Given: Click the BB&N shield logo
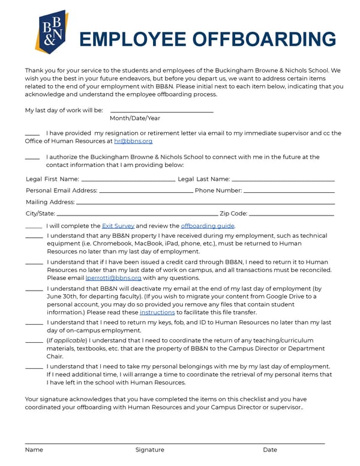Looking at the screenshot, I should click(51, 32).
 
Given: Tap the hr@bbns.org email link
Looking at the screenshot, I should click(133, 141).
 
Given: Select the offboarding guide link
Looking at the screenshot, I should click(208, 226).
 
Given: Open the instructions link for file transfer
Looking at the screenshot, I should click(157, 312).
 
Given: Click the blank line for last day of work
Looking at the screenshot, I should click(161, 111).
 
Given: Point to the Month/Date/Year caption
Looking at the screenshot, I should click(135, 118).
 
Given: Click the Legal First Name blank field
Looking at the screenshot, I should click(128, 180).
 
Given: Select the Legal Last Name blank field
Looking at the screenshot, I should click(283, 180).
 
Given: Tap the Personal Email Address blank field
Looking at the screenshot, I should click(145, 191).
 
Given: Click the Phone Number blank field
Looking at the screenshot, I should click(289, 191).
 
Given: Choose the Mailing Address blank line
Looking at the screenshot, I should click(205, 202).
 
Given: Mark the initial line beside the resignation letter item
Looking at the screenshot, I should click(32, 134).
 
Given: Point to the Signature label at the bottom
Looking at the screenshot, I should click(149, 450).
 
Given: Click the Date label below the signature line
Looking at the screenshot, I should click(270, 450).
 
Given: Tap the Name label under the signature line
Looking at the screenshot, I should click(34, 450).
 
